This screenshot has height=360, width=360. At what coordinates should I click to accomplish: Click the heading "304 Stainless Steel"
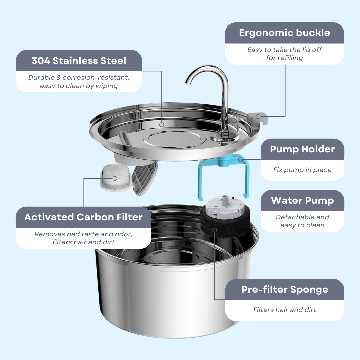(79, 61)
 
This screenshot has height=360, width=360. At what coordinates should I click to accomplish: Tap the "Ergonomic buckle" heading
(284, 33)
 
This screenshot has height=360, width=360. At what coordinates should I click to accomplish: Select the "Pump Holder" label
(302, 149)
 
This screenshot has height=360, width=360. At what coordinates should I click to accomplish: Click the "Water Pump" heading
(302, 200)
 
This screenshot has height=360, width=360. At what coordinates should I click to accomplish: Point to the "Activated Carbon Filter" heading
(83, 217)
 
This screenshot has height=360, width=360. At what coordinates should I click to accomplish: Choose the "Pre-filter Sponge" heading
(285, 289)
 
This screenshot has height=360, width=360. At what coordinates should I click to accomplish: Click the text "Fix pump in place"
(302, 170)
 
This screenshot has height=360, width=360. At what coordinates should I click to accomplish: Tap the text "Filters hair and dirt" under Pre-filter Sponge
(285, 310)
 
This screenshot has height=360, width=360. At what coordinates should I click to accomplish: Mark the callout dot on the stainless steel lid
(162, 125)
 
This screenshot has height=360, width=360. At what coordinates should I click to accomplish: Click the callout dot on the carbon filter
(115, 178)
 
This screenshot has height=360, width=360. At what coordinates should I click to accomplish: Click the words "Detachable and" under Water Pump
(302, 217)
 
